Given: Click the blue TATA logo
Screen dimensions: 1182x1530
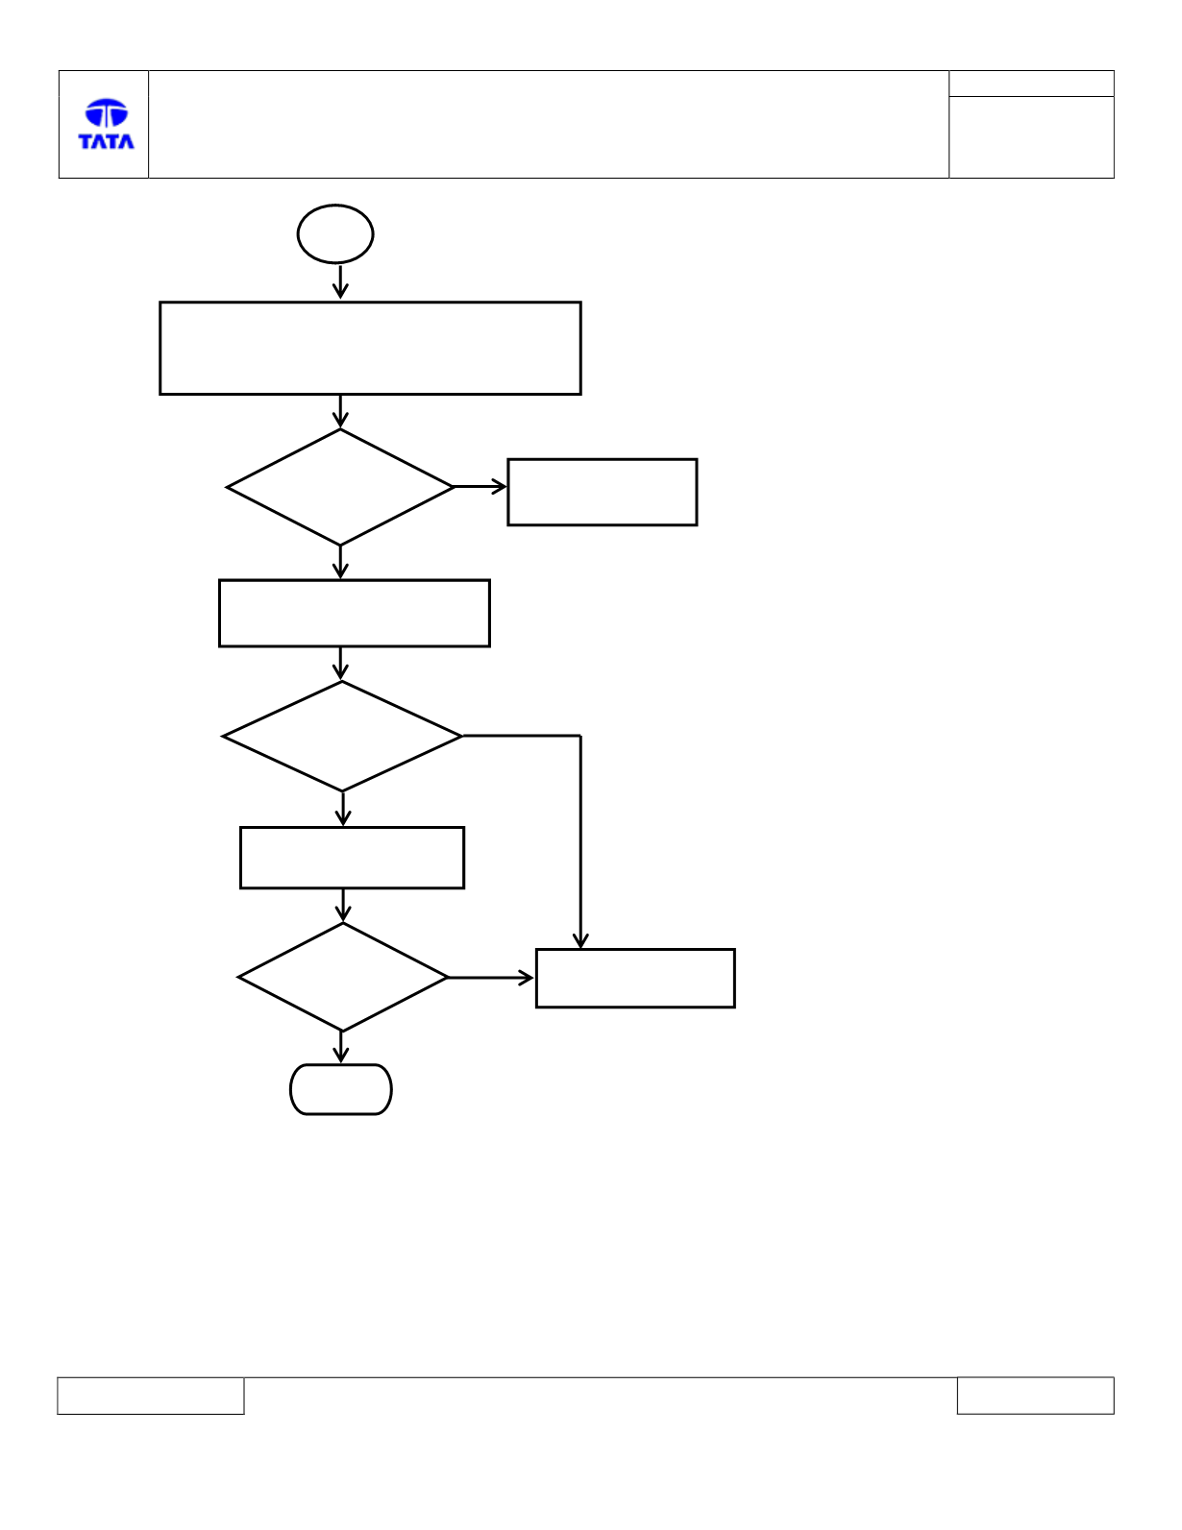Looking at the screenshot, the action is point(106,124).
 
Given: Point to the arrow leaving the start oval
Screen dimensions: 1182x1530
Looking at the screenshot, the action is point(340,281).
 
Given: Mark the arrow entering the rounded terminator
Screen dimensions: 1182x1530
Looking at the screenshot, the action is point(341,1048).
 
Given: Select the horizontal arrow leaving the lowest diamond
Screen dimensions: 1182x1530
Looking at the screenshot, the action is point(491,978).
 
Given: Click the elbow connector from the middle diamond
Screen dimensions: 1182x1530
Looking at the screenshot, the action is point(580,737).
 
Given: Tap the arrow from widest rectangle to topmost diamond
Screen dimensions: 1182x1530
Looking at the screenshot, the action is point(340,412).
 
